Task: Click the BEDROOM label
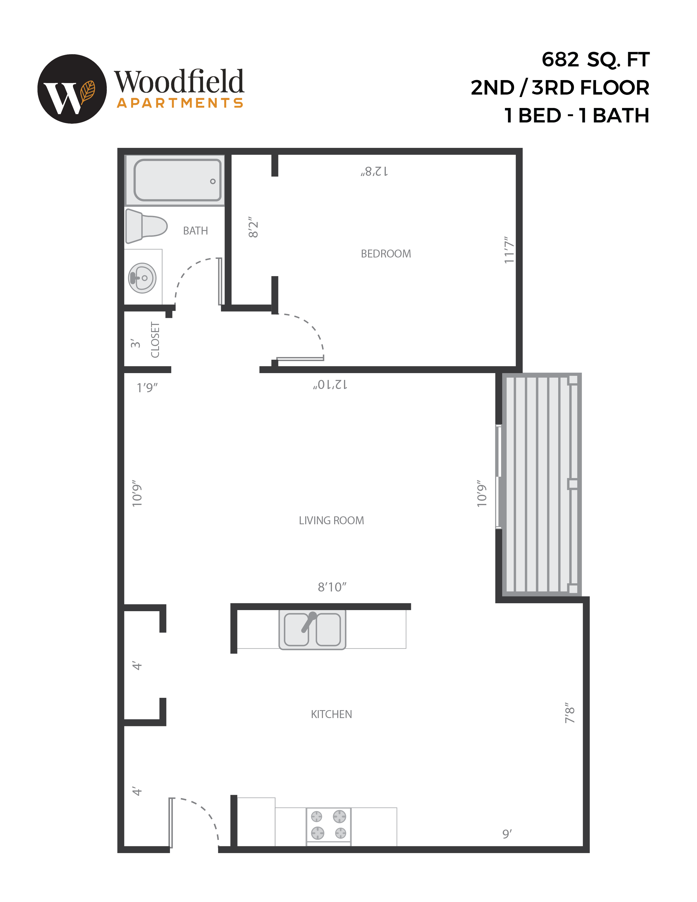pyautogui.click(x=386, y=254)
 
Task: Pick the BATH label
pyautogui.click(x=195, y=230)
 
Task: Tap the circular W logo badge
pyautogui.click(x=72, y=89)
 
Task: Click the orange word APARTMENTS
pyautogui.click(x=180, y=103)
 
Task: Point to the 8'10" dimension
pyautogui.click(x=332, y=587)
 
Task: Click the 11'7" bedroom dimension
pyautogui.click(x=509, y=250)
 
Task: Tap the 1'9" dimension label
pyautogui.click(x=147, y=387)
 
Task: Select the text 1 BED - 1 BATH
pyautogui.click(x=577, y=116)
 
